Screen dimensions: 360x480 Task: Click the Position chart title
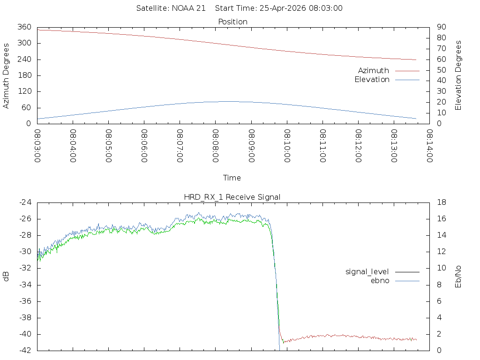[x=232, y=22]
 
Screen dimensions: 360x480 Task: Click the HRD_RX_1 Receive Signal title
[x=232, y=197]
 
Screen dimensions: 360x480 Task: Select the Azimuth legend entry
[x=374, y=70]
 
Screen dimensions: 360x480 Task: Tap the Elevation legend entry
[x=372, y=80]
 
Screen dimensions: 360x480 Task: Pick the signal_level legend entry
[x=367, y=271]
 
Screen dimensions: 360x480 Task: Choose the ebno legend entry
[x=380, y=280]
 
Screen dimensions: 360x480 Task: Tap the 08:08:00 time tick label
[x=216, y=146]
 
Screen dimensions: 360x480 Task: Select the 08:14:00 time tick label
[x=429, y=146]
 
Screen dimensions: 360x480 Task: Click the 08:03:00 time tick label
[x=37, y=146]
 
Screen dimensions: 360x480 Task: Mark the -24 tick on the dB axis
[x=25, y=202]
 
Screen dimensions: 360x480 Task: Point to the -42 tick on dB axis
[x=25, y=350]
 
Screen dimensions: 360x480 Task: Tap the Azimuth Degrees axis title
[x=7, y=75]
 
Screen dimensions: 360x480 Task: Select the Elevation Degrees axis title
[x=458, y=75]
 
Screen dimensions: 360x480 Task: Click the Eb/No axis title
[x=458, y=277]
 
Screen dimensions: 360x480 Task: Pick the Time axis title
[x=232, y=178]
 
